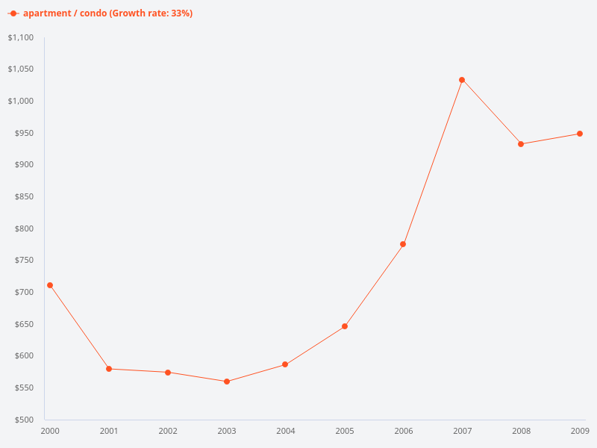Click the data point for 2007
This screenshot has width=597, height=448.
462,80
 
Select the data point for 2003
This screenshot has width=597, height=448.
227,382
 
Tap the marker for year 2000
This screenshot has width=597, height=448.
50,285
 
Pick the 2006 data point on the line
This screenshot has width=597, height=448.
403,244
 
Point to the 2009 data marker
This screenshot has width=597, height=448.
580,134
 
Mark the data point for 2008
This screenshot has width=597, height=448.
521,144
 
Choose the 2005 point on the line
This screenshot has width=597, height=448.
345,326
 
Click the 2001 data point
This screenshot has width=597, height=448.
109,369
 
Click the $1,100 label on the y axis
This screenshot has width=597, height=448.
21,37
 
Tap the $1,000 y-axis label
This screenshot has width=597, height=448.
21,101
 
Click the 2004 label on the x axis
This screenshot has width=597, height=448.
286,431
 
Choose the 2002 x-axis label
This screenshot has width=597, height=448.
168,431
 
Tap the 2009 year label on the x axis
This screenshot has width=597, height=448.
580,431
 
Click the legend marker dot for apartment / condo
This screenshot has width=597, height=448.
13,13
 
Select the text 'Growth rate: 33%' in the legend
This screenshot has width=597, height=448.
153,13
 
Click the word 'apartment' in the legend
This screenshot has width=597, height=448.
46,13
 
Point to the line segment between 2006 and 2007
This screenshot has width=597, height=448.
433,162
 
